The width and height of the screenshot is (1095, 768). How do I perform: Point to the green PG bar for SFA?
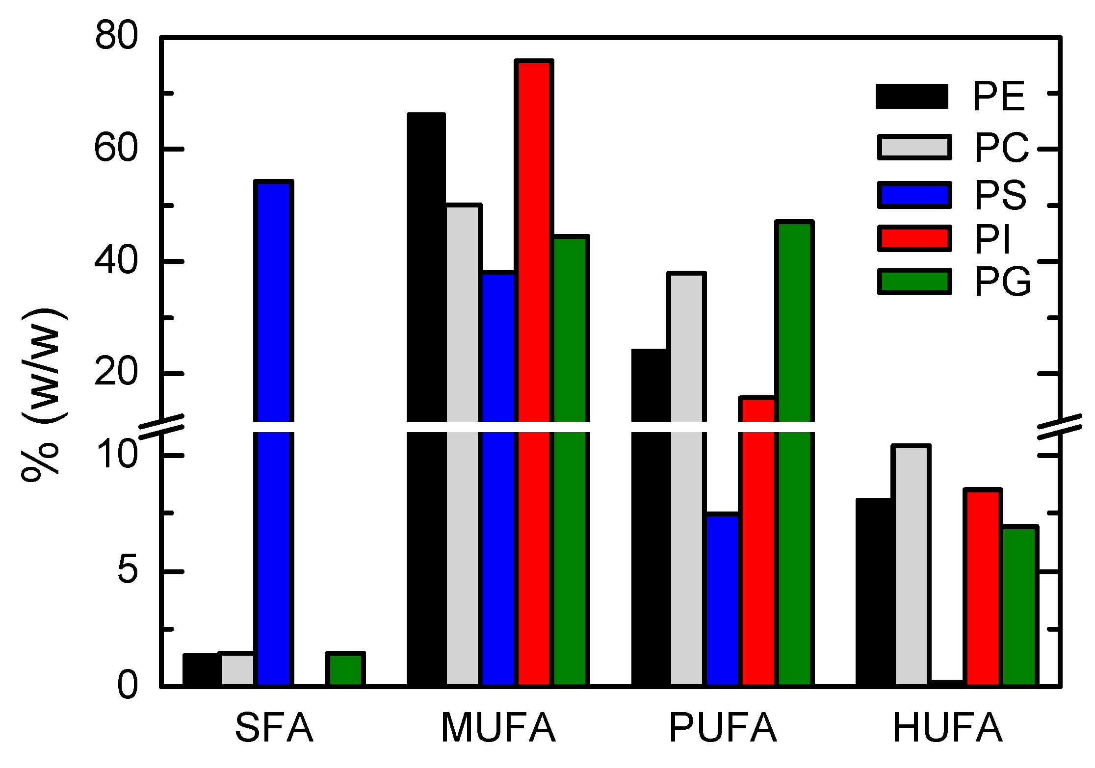[345, 669]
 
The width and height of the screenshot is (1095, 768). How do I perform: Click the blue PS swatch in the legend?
[914, 195]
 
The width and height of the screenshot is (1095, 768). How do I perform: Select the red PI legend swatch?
[914, 238]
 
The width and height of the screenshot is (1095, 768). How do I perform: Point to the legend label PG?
[1003, 282]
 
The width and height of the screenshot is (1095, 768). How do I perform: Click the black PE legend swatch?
[912, 96]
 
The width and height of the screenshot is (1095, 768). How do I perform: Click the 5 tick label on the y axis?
[128, 571]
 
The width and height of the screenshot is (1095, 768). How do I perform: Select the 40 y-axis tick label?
[116, 261]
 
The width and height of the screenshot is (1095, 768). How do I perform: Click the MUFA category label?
[498, 728]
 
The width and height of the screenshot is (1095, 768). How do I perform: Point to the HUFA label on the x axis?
[947, 728]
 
